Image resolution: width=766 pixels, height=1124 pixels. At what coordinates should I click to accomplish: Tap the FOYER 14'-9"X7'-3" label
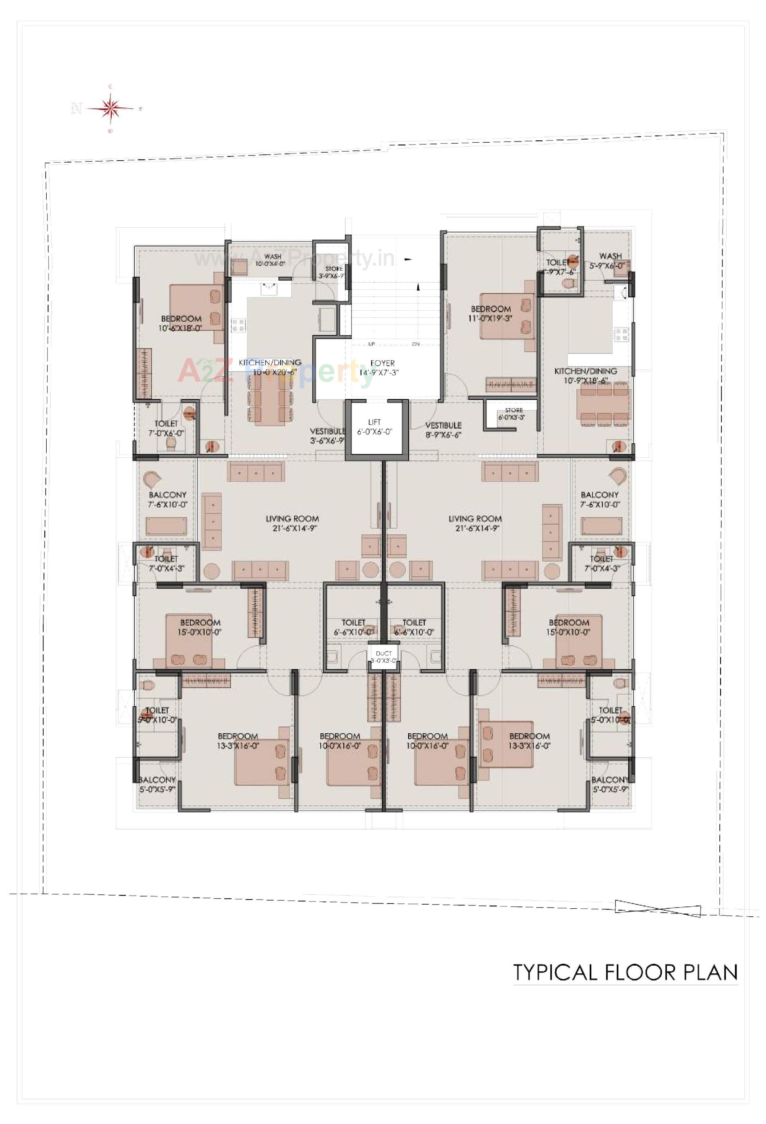tap(382, 368)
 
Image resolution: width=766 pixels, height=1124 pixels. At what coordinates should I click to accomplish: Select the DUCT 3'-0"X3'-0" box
tap(384, 657)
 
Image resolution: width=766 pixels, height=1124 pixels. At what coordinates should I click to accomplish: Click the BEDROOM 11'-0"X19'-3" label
tap(491, 313)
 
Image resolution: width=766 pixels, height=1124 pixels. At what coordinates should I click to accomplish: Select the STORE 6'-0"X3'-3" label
tap(514, 413)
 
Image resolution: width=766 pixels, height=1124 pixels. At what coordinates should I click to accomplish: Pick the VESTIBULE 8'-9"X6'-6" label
tap(443, 429)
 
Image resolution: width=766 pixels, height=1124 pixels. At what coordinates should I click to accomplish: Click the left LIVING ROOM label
tap(292, 523)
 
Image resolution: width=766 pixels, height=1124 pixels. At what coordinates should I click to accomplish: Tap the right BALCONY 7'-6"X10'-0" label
tap(600, 499)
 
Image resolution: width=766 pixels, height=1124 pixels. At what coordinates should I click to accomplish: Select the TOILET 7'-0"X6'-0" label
tap(166, 429)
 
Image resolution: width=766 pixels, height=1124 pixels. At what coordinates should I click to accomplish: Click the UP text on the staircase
tap(371, 344)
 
